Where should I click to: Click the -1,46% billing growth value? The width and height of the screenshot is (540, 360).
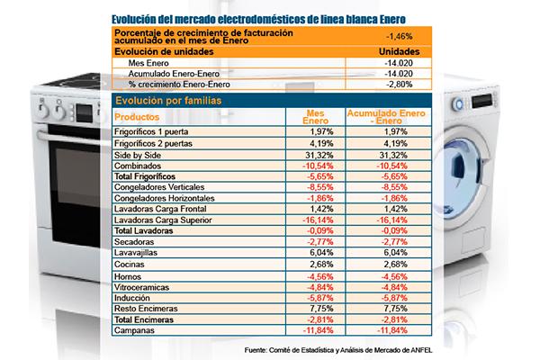click(399, 36)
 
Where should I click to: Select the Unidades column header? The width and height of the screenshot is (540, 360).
click(399, 51)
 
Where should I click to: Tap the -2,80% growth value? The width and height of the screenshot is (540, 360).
click(399, 85)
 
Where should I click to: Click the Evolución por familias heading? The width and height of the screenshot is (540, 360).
click(168, 101)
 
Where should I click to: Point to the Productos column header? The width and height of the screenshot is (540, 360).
click(137, 117)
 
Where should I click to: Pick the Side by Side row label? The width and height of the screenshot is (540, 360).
click(138, 155)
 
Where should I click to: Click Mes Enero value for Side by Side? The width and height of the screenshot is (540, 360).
click(319, 155)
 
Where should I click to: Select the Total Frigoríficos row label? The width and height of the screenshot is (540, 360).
click(145, 176)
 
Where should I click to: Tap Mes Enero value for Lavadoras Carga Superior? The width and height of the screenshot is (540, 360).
click(318, 220)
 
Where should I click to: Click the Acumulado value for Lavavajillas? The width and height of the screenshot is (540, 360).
click(395, 253)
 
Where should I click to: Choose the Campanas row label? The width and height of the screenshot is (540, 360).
click(134, 330)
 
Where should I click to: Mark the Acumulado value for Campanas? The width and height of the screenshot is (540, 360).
click(391, 330)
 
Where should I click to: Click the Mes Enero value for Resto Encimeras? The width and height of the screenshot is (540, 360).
click(321, 309)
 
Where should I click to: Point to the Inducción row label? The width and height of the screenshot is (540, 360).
click(132, 298)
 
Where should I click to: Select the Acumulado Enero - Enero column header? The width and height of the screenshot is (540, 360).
click(386, 117)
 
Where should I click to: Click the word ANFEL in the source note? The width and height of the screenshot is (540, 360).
click(421, 350)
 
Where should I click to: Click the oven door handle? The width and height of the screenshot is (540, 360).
click(69, 137)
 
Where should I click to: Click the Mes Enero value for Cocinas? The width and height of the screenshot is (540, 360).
click(321, 265)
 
